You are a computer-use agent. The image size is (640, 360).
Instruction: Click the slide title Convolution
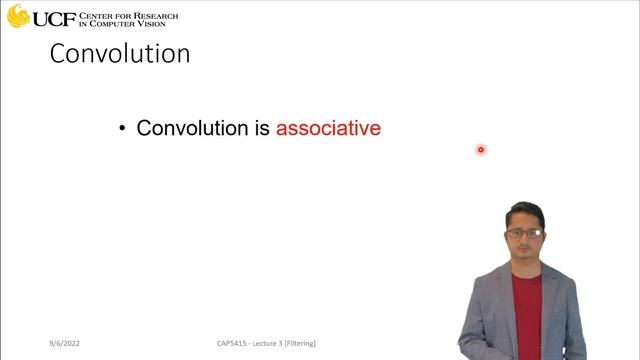[x=120, y=53]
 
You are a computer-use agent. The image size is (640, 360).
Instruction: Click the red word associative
[x=328, y=128]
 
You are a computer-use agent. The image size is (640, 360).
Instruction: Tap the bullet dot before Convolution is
[x=122, y=129]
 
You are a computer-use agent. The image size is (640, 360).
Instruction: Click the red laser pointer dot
[x=480, y=150]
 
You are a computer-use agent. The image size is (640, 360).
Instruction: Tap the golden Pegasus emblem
[x=17, y=16]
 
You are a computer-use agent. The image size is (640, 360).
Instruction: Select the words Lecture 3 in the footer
[x=268, y=343]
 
